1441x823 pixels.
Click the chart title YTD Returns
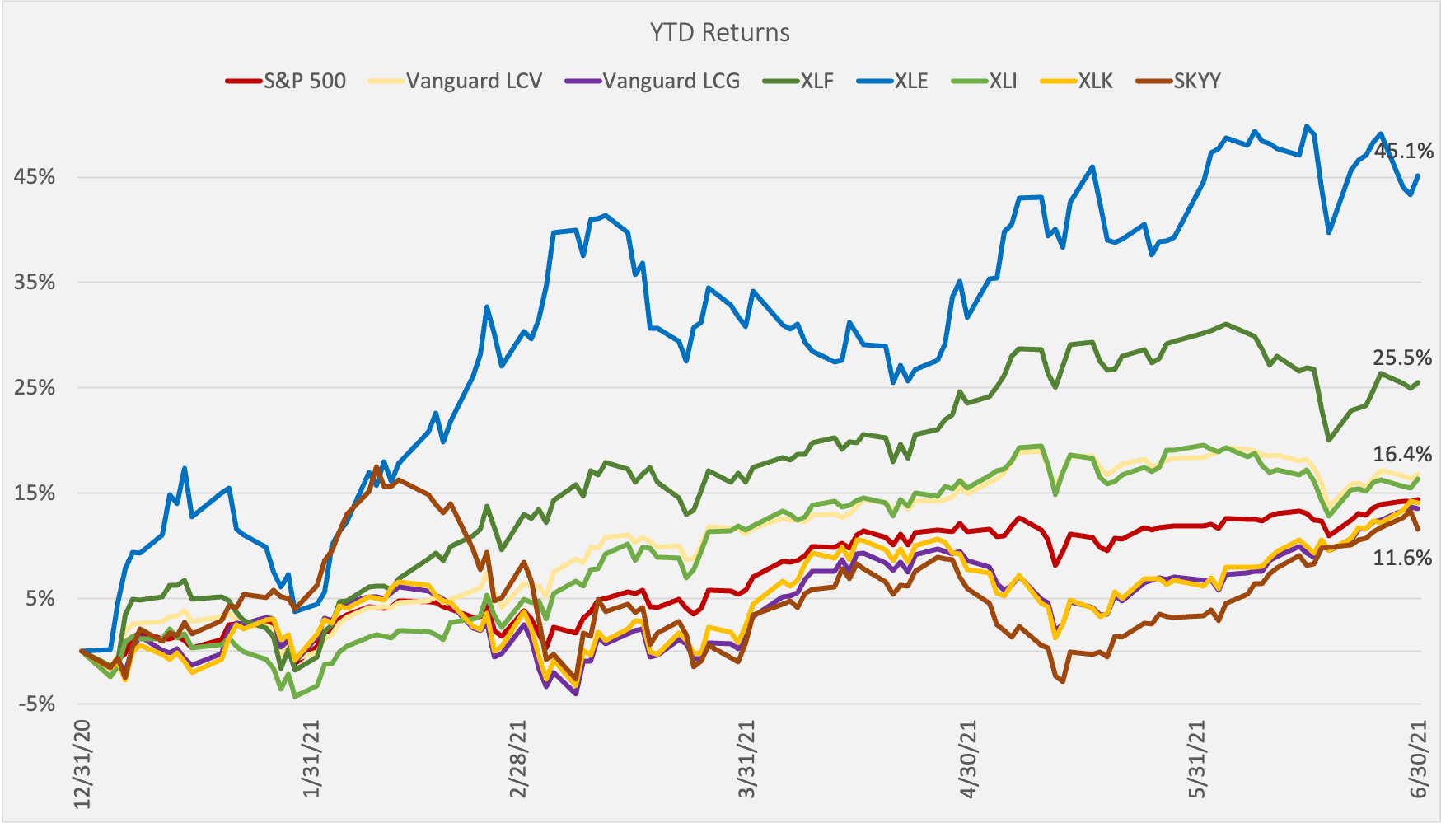(x=719, y=33)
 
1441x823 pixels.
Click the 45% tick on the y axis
(x=35, y=177)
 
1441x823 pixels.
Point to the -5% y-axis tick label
(x=35, y=704)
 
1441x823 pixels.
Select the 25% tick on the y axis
(x=35, y=388)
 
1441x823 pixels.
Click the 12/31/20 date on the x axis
(x=83, y=762)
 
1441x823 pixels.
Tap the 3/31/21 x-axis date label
(x=747, y=762)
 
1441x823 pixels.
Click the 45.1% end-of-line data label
(x=1403, y=152)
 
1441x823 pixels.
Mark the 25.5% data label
(x=1402, y=358)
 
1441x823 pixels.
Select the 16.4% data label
(x=1402, y=454)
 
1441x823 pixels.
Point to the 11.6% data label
(x=1402, y=559)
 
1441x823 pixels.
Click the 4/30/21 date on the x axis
(x=969, y=762)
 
